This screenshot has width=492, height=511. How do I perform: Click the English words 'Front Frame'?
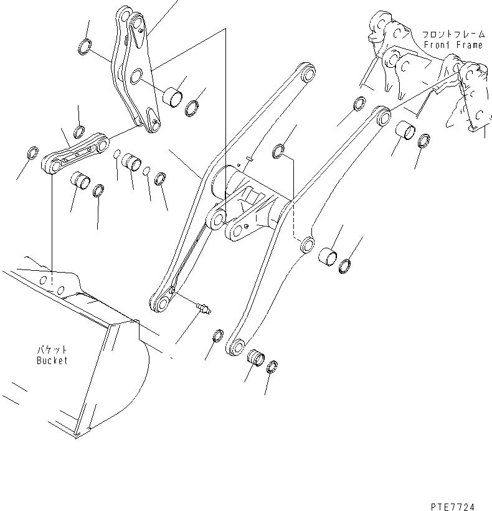(x=453, y=45)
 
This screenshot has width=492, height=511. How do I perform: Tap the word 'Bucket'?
(x=51, y=360)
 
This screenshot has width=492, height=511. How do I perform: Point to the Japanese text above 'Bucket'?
(x=51, y=350)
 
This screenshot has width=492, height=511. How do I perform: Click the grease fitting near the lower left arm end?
(x=202, y=306)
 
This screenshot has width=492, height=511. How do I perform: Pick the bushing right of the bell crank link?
(x=173, y=96)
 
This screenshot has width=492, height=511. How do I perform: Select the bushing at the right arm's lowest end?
(x=256, y=358)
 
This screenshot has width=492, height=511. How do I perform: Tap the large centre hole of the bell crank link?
(x=136, y=78)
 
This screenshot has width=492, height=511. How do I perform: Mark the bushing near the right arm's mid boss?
(x=329, y=255)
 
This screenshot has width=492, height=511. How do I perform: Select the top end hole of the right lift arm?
(x=382, y=116)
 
